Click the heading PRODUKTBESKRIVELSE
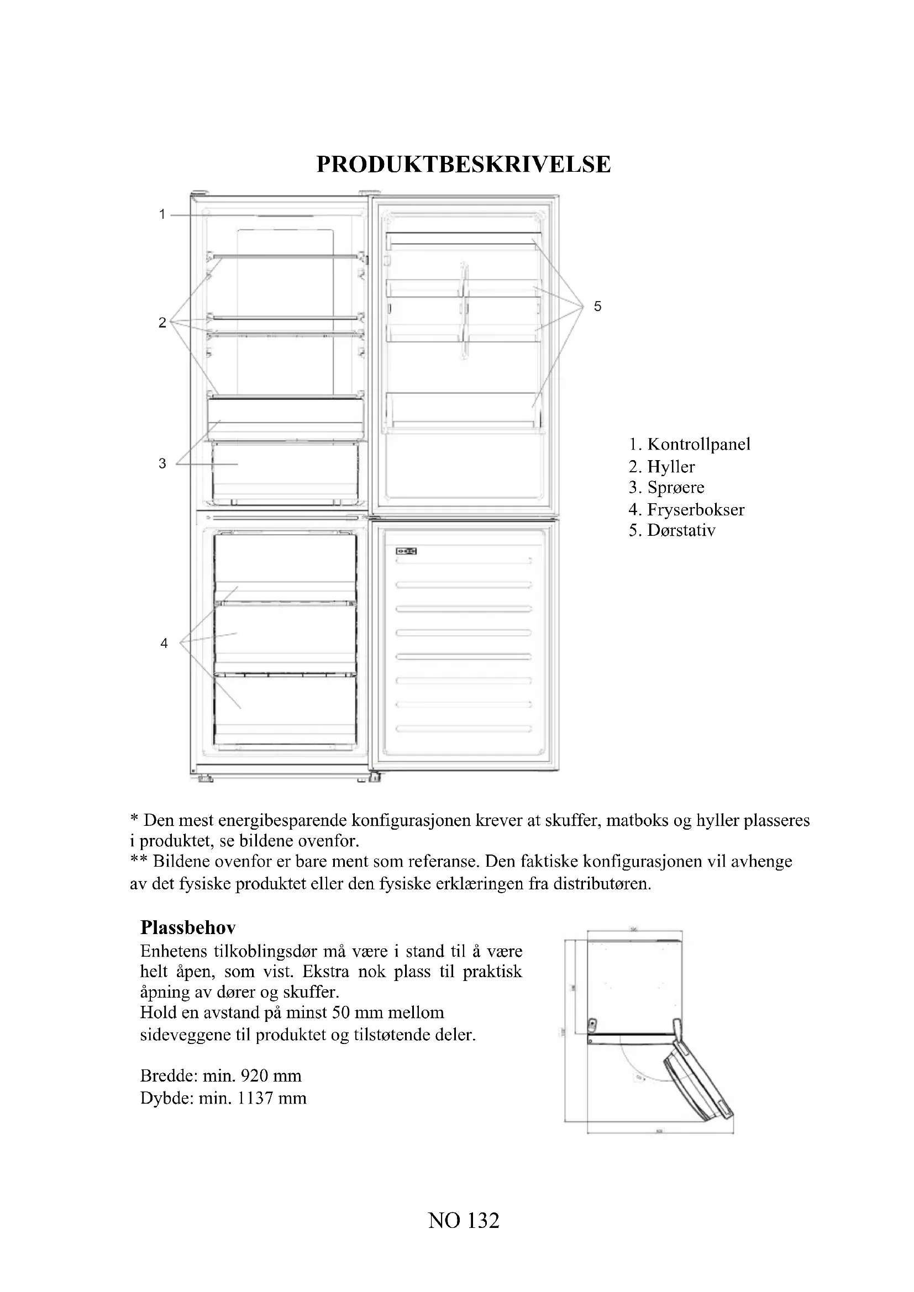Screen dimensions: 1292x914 click(x=463, y=164)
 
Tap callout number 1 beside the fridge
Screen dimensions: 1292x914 click(x=162, y=214)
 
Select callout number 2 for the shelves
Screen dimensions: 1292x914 click(x=162, y=323)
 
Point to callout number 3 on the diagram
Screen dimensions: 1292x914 click(x=162, y=463)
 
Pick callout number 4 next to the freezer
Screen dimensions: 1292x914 click(x=164, y=643)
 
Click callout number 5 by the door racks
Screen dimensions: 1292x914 click(x=598, y=307)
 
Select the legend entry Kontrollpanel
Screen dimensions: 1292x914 click(x=698, y=445)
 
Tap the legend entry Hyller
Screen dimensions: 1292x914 click(x=671, y=467)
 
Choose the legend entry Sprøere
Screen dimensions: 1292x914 click(x=675, y=487)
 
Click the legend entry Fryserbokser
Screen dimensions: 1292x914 click(x=696, y=510)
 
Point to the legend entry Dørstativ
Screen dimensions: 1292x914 click(x=681, y=531)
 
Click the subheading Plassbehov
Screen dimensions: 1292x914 click(x=188, y=927)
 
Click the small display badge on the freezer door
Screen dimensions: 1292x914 click(x=406, y=551)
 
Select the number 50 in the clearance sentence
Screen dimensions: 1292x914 click(x=341, y=1013)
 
